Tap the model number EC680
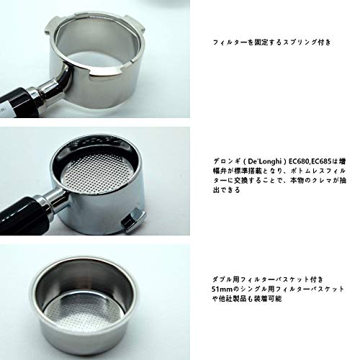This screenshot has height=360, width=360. tap(298, 161)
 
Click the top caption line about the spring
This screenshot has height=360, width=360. tap(272, 42)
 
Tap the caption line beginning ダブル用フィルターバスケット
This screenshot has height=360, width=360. tap(268, 279)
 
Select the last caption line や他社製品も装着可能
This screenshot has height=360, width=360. tap(247, 299)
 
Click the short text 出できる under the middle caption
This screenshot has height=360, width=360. tap(226, 190)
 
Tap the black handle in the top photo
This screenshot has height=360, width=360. tap(15, 103)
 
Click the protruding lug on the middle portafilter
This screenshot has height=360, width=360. tap(133, 219)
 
